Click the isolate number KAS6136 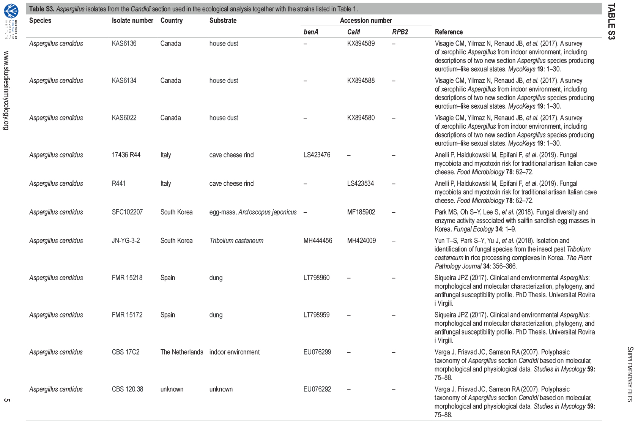pos(124,43)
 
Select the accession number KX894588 pos(361,80)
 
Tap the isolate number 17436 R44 pos(126,155)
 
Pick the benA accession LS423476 pos(317,155)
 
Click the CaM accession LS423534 pos(360,183)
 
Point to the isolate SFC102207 pos(127,212)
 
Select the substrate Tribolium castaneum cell pos(236,240)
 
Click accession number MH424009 pos(361,240)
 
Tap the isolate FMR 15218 pos(127,278)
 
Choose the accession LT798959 pos(317,315)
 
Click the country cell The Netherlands pos(181,352)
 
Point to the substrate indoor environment pos(234,352)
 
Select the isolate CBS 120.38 pos(127,389)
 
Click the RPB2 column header pos(400,32)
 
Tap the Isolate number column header pos(132,21)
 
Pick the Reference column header pos(449,32)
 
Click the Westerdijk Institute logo pos(10,11)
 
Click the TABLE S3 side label pos(611,21)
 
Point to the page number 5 pos(6,400)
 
